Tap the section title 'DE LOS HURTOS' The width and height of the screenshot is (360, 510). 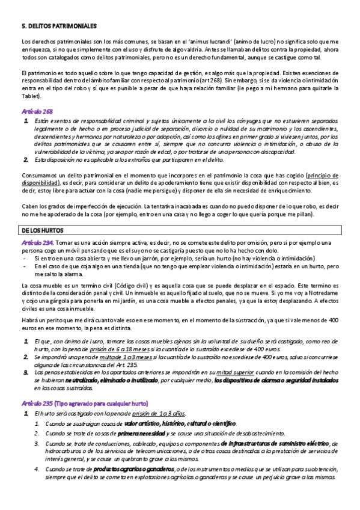click(x=42, y=230)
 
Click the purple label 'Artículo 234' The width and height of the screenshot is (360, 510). click(x=38, y=242)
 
